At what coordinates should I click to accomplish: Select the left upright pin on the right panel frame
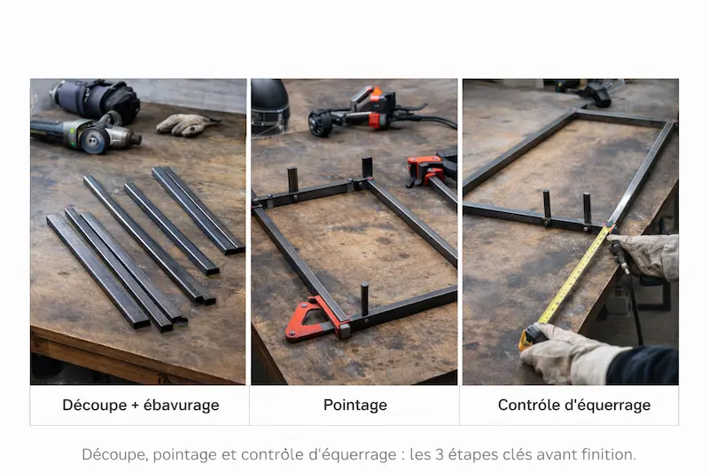(547, 205)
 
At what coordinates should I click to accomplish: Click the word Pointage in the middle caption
(354, 406)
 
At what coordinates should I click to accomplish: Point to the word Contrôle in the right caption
(529, 406)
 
